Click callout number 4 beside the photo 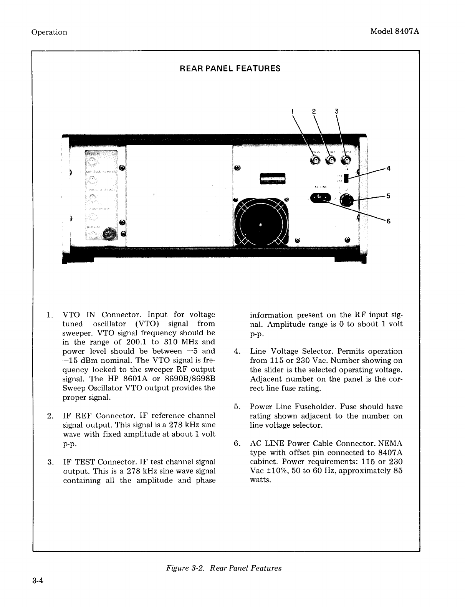[x=388, y=168]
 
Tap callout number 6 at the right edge [x=388, y=222]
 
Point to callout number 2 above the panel [x=314, y=111]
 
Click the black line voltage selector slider [x=346, y=179]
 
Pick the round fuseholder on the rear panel [x=348, y=200]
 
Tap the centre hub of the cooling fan [x=261, y=224]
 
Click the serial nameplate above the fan [x=273, y=179]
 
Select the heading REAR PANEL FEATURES [x=230, y=69]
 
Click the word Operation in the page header [x=49, y=32]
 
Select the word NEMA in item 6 [x=389, y=443]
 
